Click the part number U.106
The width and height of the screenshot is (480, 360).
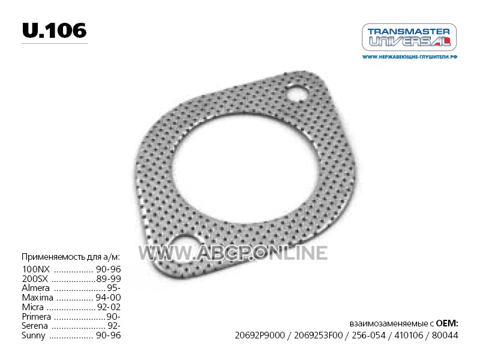click(x=55, y=31)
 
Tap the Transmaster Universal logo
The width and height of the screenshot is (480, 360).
click(x=409, y=37)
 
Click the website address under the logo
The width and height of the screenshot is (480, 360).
click(x=410, y=57)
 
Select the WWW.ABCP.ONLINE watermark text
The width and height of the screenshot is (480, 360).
click(x=233, y=253)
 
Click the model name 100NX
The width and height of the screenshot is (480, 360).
click(x=36, y=269)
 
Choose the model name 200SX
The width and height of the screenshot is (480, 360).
click(x=35, y=278)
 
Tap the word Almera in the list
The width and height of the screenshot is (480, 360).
click(x=35, y=288)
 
